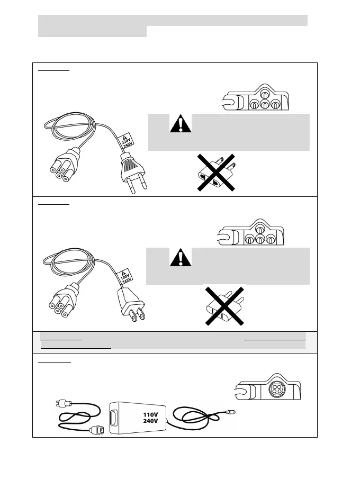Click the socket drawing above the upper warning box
[x=255, y=99]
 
